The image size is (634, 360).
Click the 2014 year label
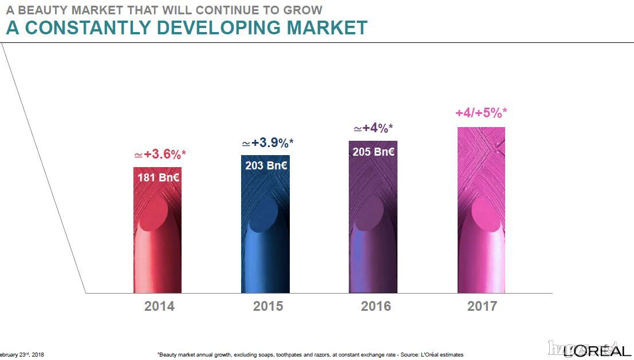point(159,306)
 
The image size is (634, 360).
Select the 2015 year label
point(268,306)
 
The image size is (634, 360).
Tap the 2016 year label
point(376,306)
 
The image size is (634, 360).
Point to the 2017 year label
point(482,306)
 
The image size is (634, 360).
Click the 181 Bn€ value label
point(159,178)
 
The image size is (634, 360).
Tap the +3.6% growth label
point(160,155)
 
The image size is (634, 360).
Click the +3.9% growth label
point(268,143)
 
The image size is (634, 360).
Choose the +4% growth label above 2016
point(373,128)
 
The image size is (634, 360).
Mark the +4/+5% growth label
point(481,113)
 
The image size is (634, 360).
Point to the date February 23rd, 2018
point(22,355)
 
